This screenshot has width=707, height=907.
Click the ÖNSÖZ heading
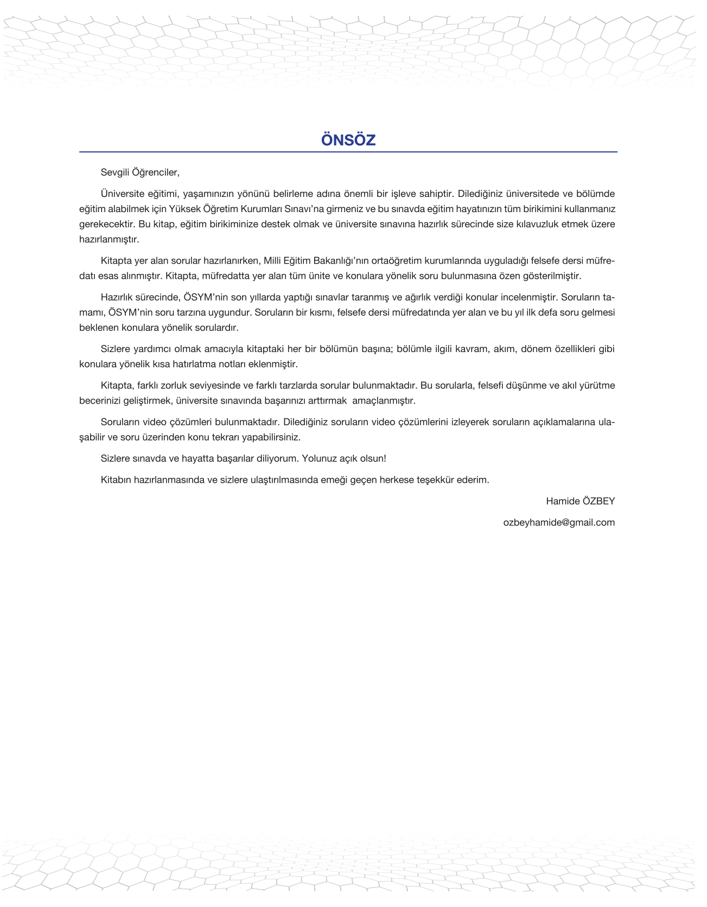(348, 140)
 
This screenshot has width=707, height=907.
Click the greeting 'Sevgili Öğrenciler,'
(140, 173)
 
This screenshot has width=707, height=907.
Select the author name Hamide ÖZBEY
(580, 501)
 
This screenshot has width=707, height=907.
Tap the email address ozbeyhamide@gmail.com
(559, 522)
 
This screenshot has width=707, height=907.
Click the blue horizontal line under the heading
(348, 152)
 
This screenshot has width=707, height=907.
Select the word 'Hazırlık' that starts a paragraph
(117, 297)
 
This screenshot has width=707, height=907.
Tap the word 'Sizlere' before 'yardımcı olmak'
(115, 349)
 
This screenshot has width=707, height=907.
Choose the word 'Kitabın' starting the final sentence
(116, 480)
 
